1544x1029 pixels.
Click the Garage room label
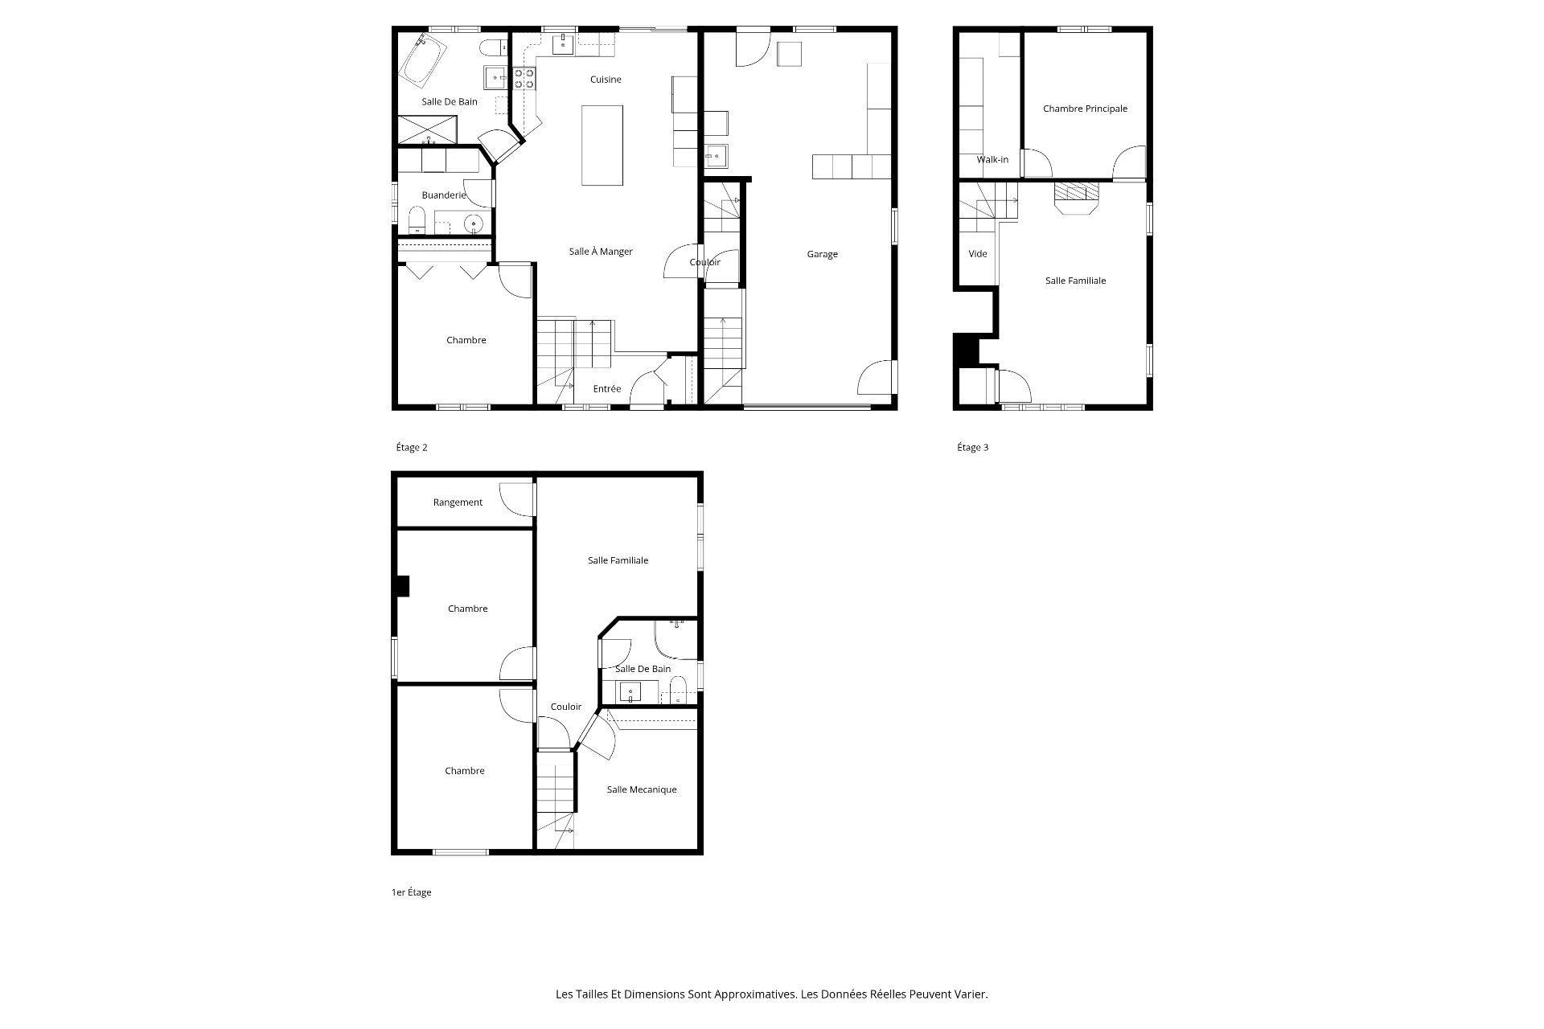tap(822, 254)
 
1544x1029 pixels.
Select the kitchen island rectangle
tap(602, 146)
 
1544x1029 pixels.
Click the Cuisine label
tap(606, 80)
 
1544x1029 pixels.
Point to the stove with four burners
tap(524, 78)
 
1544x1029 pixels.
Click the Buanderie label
tap(444, 195)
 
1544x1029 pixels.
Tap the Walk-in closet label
tap(992, 160)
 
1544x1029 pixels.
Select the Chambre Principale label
tap(1085, 109)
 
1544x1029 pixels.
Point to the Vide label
tap(978, 254)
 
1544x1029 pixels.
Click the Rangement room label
tap(458, 502)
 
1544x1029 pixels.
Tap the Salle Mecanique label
tap(641, 789)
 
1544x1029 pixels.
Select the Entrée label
tap(607, 389)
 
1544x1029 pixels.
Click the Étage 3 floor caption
tap(972, 448)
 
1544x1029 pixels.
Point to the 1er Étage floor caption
tap(411, 892)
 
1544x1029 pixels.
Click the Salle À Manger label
tap(601, 252)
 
